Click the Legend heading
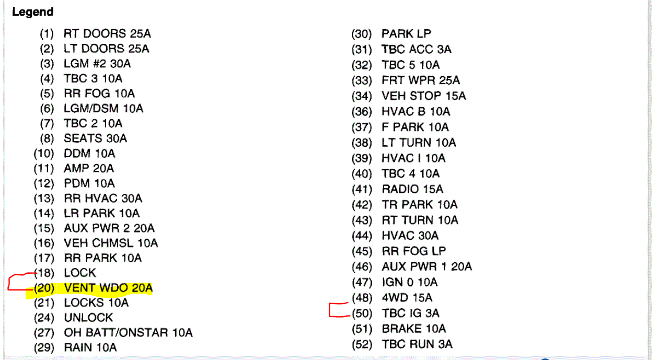tap(32, 11)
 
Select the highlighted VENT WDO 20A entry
tap(108, 288)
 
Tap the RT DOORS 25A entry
tap(107, 34)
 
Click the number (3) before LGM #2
tap(47, 64)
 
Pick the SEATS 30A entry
tap(95, 138)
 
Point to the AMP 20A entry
tap(89, 168)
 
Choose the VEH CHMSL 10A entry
tap(111, 243)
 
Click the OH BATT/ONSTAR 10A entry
tap(128, 332)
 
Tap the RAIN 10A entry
tap(90, 347)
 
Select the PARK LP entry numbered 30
tap(406, 34)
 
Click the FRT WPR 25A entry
tap(421, 80)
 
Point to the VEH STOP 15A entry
tap(423, 96)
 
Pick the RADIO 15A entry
tap(412, 189)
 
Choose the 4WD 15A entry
tap(407, 298)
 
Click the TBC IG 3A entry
tap(410, 313)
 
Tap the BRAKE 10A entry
tap(414, 329)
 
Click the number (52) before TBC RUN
tap(362, 344)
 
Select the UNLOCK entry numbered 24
tap(88, 318)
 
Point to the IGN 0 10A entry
tap(410, 282)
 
